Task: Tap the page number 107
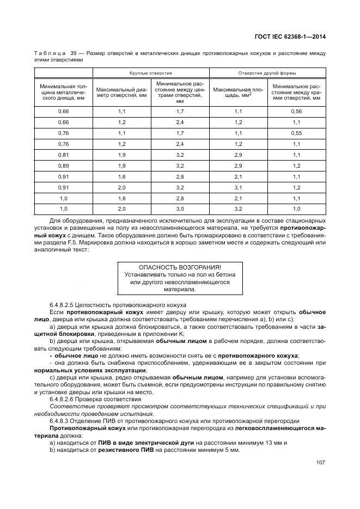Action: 320,463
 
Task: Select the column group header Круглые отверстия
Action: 150,72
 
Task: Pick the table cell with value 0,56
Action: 296,111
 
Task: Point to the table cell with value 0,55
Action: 296,133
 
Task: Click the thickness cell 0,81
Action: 63,155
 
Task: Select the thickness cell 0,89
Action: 63,165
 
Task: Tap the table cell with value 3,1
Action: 238,187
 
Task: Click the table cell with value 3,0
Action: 180,209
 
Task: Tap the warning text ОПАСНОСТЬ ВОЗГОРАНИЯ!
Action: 180,267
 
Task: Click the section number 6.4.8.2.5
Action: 61,305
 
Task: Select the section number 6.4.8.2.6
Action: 61,399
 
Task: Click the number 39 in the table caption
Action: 72,53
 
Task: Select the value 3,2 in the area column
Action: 238,209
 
